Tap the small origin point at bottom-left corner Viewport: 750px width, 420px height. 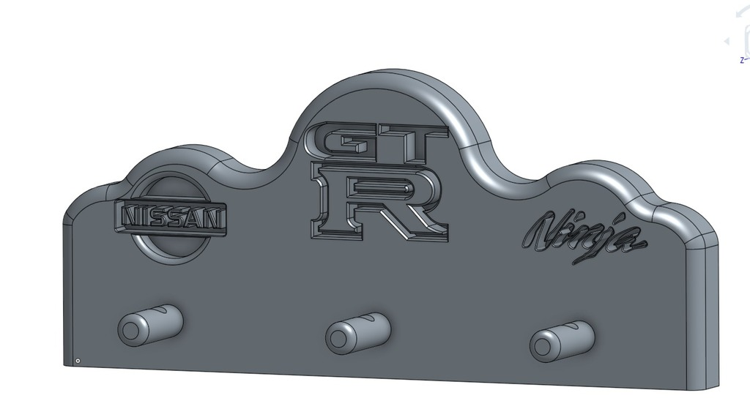click(78, 361)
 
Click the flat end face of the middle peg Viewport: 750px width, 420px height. click(338, 338)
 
